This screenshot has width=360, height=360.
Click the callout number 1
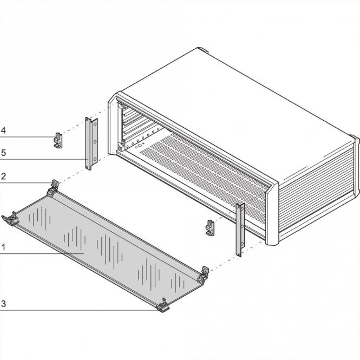[x=3, y=247]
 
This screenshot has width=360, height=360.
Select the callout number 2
[x=3, y=176]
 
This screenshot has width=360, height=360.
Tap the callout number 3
[x=3, y=304]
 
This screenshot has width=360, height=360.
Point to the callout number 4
[x=3, y=131]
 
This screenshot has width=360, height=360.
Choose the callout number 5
[x=3, y=153]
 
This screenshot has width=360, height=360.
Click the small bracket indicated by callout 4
[x=57, y=140]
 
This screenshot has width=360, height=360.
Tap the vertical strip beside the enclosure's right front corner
[x=240, y=229]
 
